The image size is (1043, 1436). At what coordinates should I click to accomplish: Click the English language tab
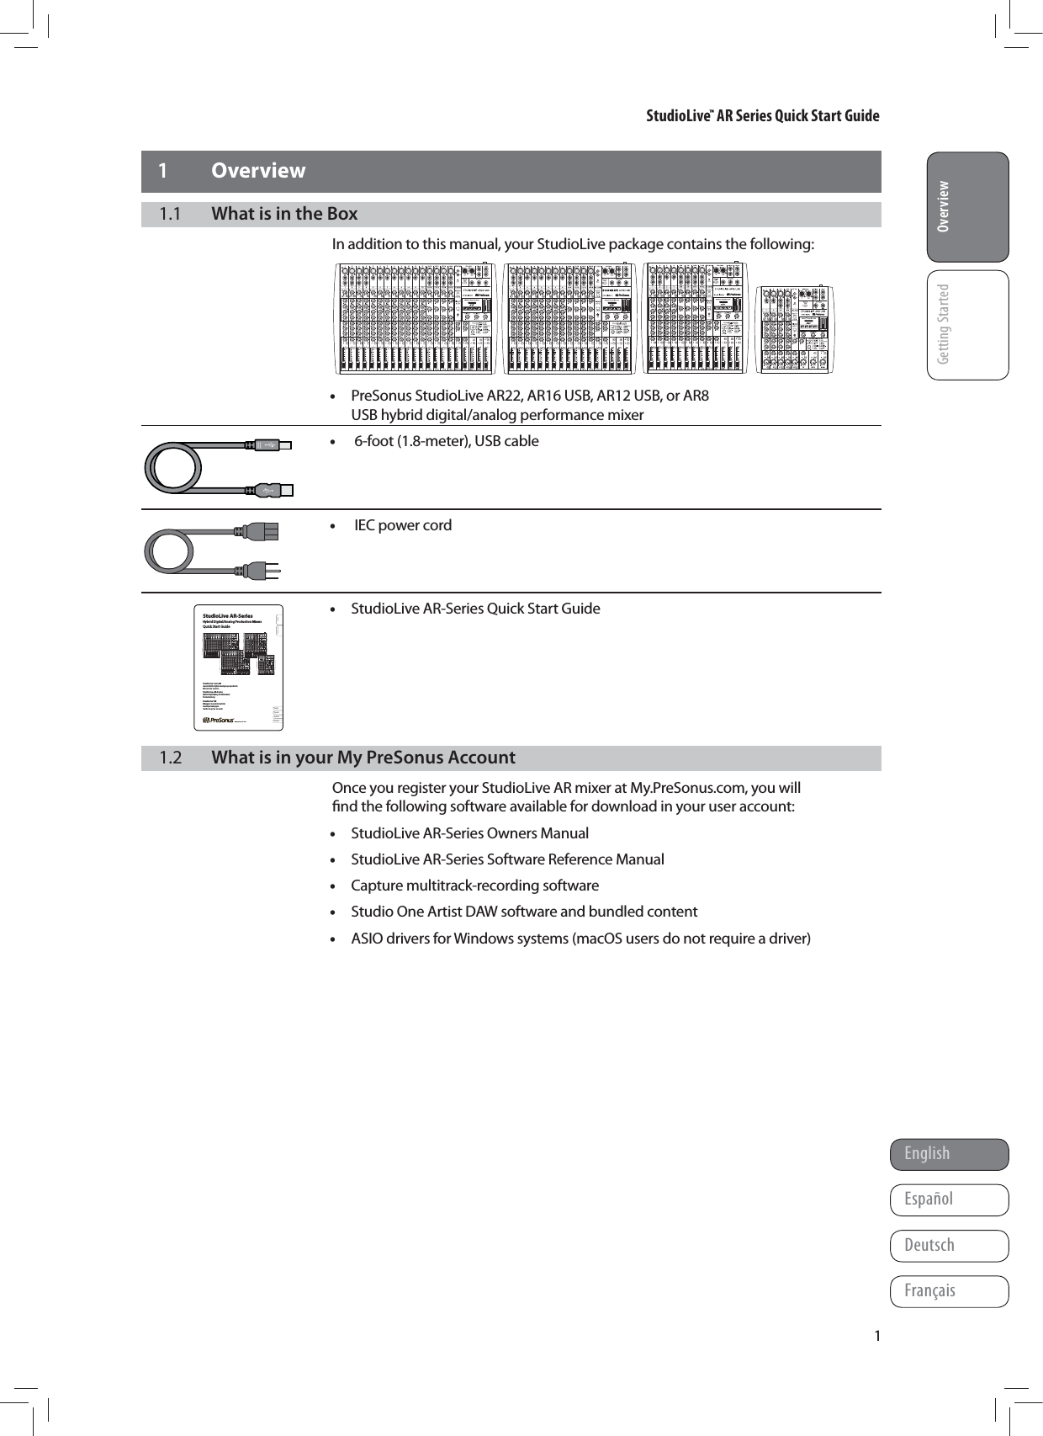[949, 1154]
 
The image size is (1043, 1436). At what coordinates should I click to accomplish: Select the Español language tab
[949, 1199]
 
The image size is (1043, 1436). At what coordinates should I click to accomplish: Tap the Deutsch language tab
[949, 1245]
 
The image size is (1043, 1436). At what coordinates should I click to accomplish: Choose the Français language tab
[949, 1290]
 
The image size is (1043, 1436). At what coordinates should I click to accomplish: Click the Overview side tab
[967, 207]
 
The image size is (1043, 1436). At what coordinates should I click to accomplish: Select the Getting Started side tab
[967, 325]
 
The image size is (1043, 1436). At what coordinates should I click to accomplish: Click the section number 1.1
[170, 214]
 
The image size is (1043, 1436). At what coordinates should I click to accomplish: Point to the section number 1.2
[170, 758]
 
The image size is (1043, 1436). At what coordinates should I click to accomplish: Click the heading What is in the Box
[284, 214]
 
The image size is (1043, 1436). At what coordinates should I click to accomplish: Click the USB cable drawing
[219, 465]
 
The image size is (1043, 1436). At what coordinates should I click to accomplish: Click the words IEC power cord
[403, 525]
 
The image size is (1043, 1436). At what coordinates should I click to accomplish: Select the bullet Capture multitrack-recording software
[474, 886]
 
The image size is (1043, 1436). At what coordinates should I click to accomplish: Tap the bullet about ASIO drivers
[580, 938]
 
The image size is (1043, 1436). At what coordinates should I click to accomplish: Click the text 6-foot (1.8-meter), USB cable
[447, 441]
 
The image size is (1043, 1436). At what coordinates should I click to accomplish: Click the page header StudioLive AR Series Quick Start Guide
[762, 116]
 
